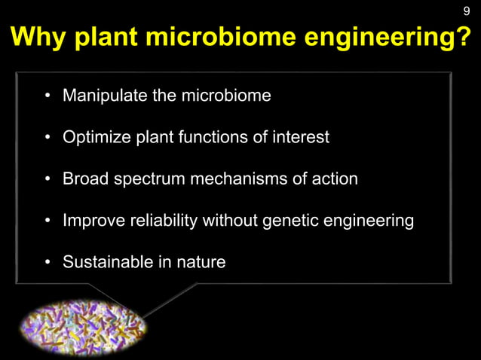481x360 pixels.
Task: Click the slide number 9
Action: [466, 11]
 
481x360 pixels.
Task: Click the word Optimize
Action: [94, 138]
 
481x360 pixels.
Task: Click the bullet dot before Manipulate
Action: [47, 97]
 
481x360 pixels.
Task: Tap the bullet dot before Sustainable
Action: [47, 263]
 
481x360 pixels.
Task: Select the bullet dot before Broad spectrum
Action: [47, 180]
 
